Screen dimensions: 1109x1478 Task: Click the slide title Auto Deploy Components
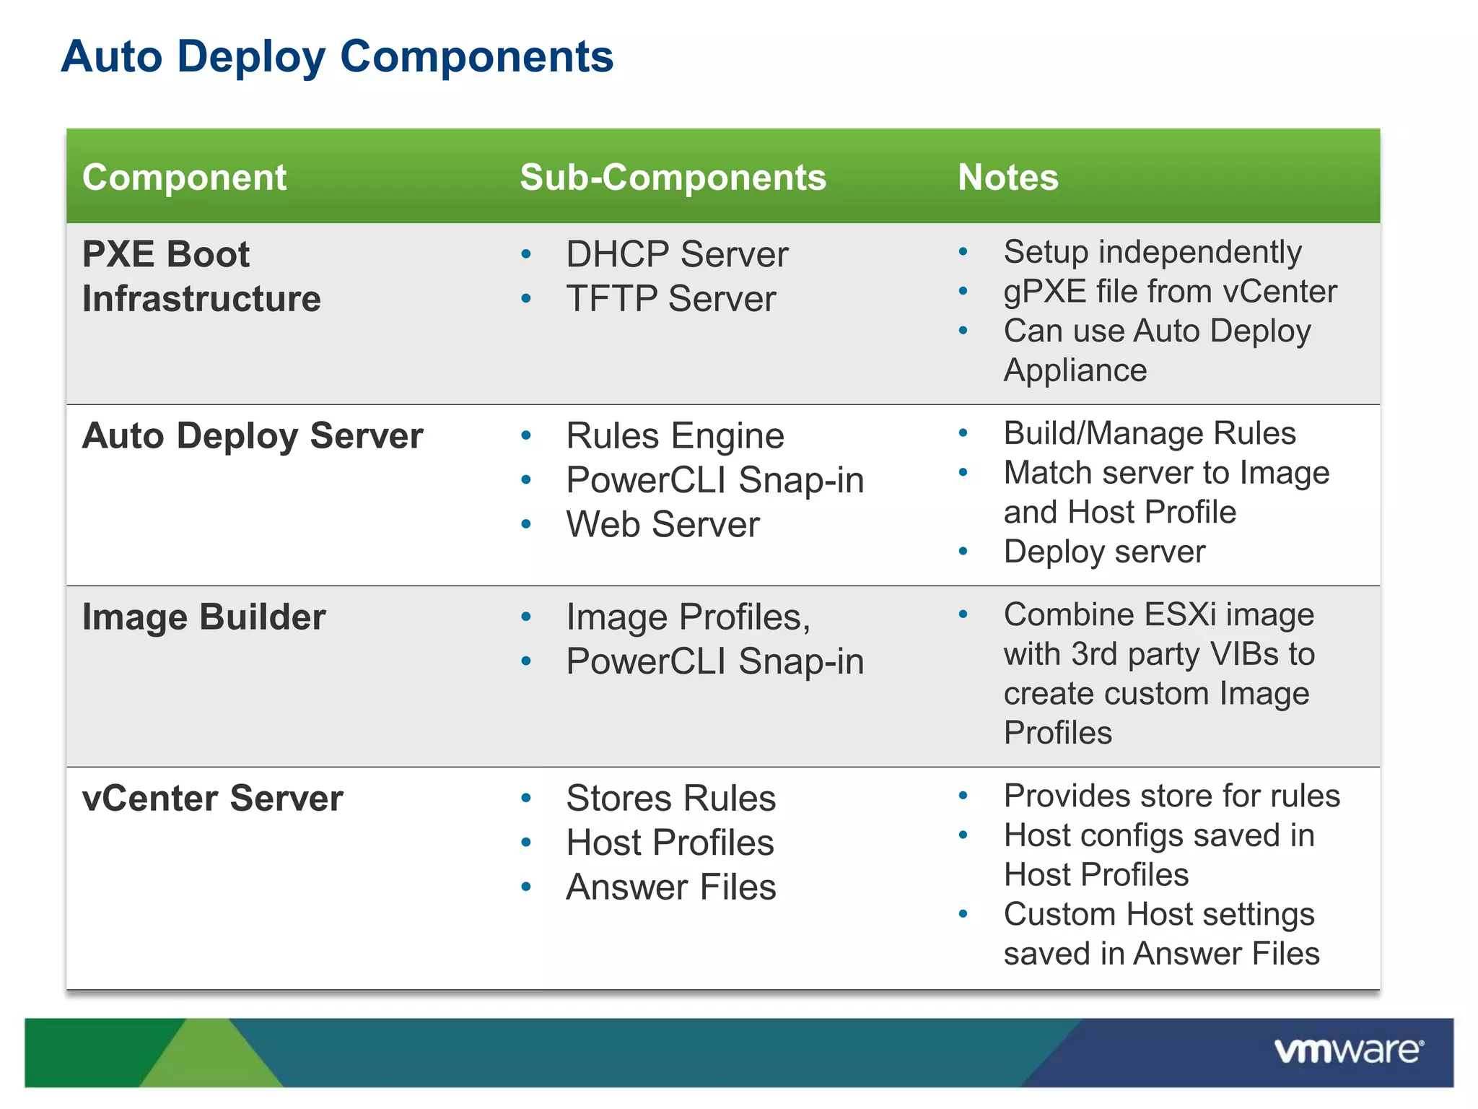[337, 57]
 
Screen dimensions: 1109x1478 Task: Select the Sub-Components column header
[673, 178]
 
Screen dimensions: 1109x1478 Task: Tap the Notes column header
[1007, 178]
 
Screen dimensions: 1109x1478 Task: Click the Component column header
[184, 178]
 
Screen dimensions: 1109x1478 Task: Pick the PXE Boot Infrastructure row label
[201, 277]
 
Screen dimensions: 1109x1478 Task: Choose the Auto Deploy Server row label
[253, 436]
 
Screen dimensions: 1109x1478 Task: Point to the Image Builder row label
[204, 617]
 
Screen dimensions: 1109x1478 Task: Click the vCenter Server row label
[212, 799]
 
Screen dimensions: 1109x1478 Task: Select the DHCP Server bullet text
[676, 255]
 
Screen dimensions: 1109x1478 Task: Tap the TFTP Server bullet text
[670, 299]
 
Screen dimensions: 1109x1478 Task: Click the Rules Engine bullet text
[675, 436]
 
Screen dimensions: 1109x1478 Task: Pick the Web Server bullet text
[663, 525]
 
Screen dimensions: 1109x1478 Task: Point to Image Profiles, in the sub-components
[688, 617]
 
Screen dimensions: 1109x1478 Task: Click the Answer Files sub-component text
[670, 887]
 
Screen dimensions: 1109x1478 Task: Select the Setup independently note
[1152, 253]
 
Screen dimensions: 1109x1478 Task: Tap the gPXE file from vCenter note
[1170, 292]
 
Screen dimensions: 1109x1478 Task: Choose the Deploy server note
[1104, 552]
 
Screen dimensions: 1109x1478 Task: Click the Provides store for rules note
[1171, 796]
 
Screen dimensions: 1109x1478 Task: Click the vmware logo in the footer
[1348, 1051]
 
